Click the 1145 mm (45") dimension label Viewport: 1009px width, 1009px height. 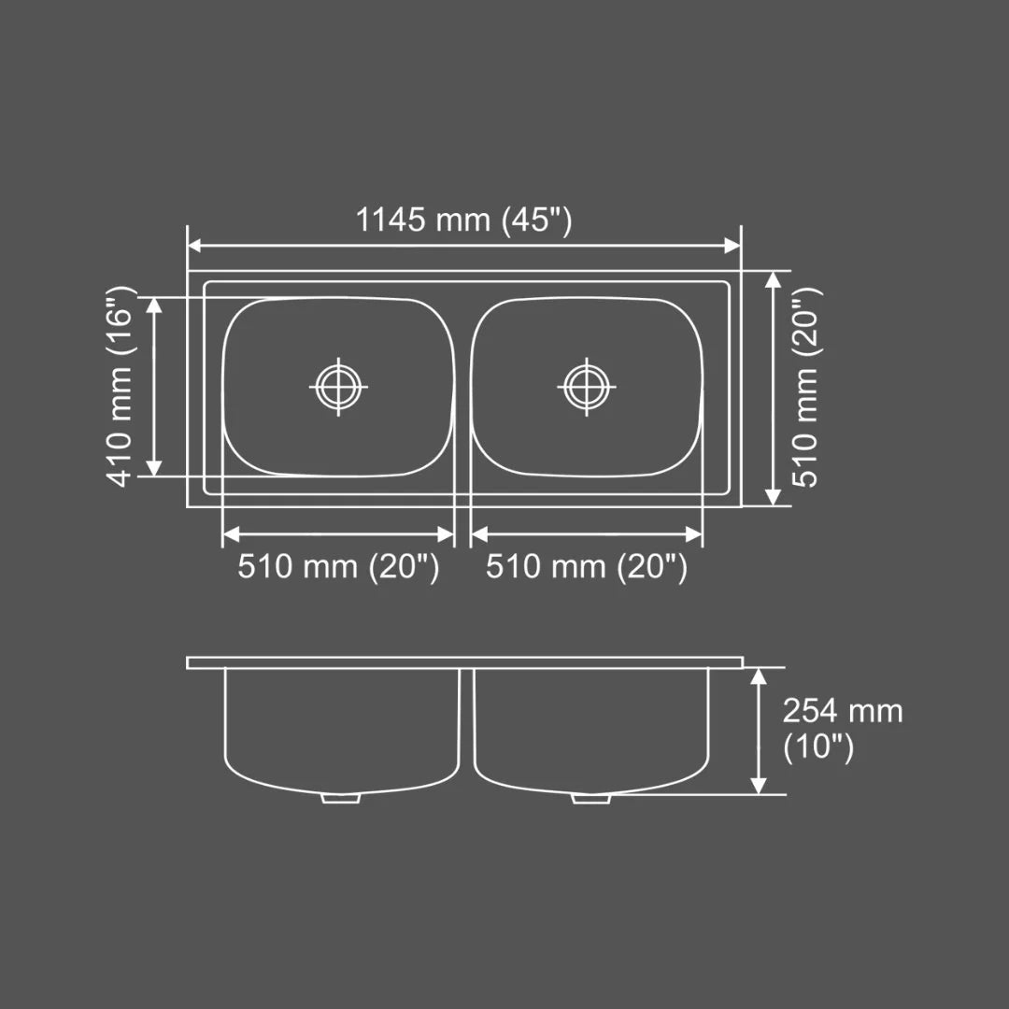(463, 221)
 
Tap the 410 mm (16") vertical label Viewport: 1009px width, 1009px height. (121, 386)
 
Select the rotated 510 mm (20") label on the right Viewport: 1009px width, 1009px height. (805, 386)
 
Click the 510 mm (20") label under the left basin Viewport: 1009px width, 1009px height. (337, 567)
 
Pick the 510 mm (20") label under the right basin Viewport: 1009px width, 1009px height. (586, 567)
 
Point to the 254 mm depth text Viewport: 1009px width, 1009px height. (842, 712)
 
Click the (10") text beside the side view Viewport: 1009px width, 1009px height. (818, 747)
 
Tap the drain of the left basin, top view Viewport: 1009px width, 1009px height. (337, 385)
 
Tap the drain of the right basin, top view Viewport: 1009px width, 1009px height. (587, 385)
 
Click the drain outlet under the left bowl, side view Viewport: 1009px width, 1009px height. (341, 798)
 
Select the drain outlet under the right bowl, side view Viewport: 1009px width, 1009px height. (590, 798)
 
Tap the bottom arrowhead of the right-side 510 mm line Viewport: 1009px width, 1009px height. (773, 497)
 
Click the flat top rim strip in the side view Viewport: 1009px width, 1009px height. (464, 662)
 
